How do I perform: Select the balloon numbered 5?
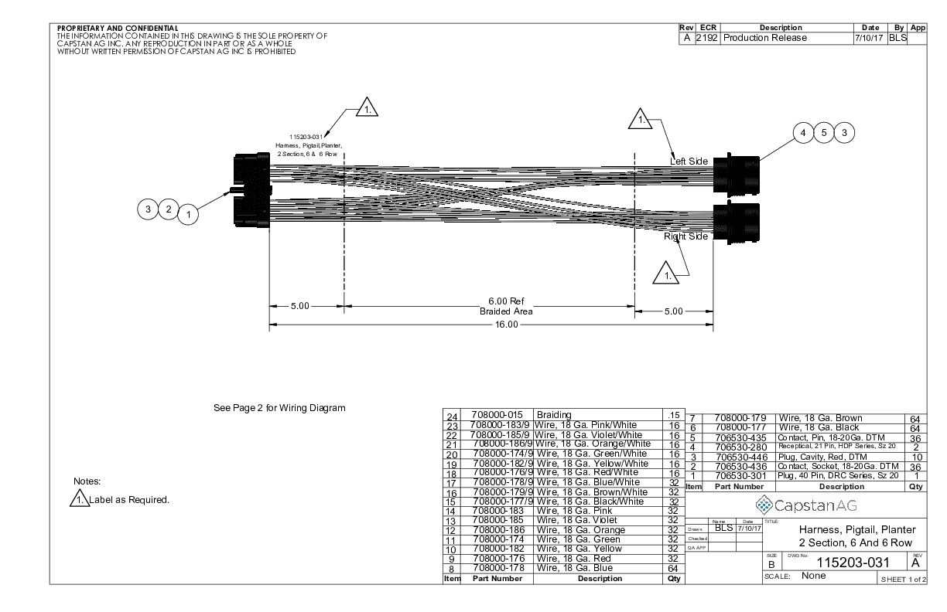click(x=825, y=133)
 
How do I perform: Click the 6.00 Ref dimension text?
click(x=506, y=301)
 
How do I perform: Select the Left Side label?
click(x=689, y=161)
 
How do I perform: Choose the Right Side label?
click(x=685, y=236)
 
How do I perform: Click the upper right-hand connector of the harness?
click(x=736, y=173)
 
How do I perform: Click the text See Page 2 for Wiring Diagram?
click(x=279, y=407)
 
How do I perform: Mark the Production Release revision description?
click(x=764, y=38)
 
